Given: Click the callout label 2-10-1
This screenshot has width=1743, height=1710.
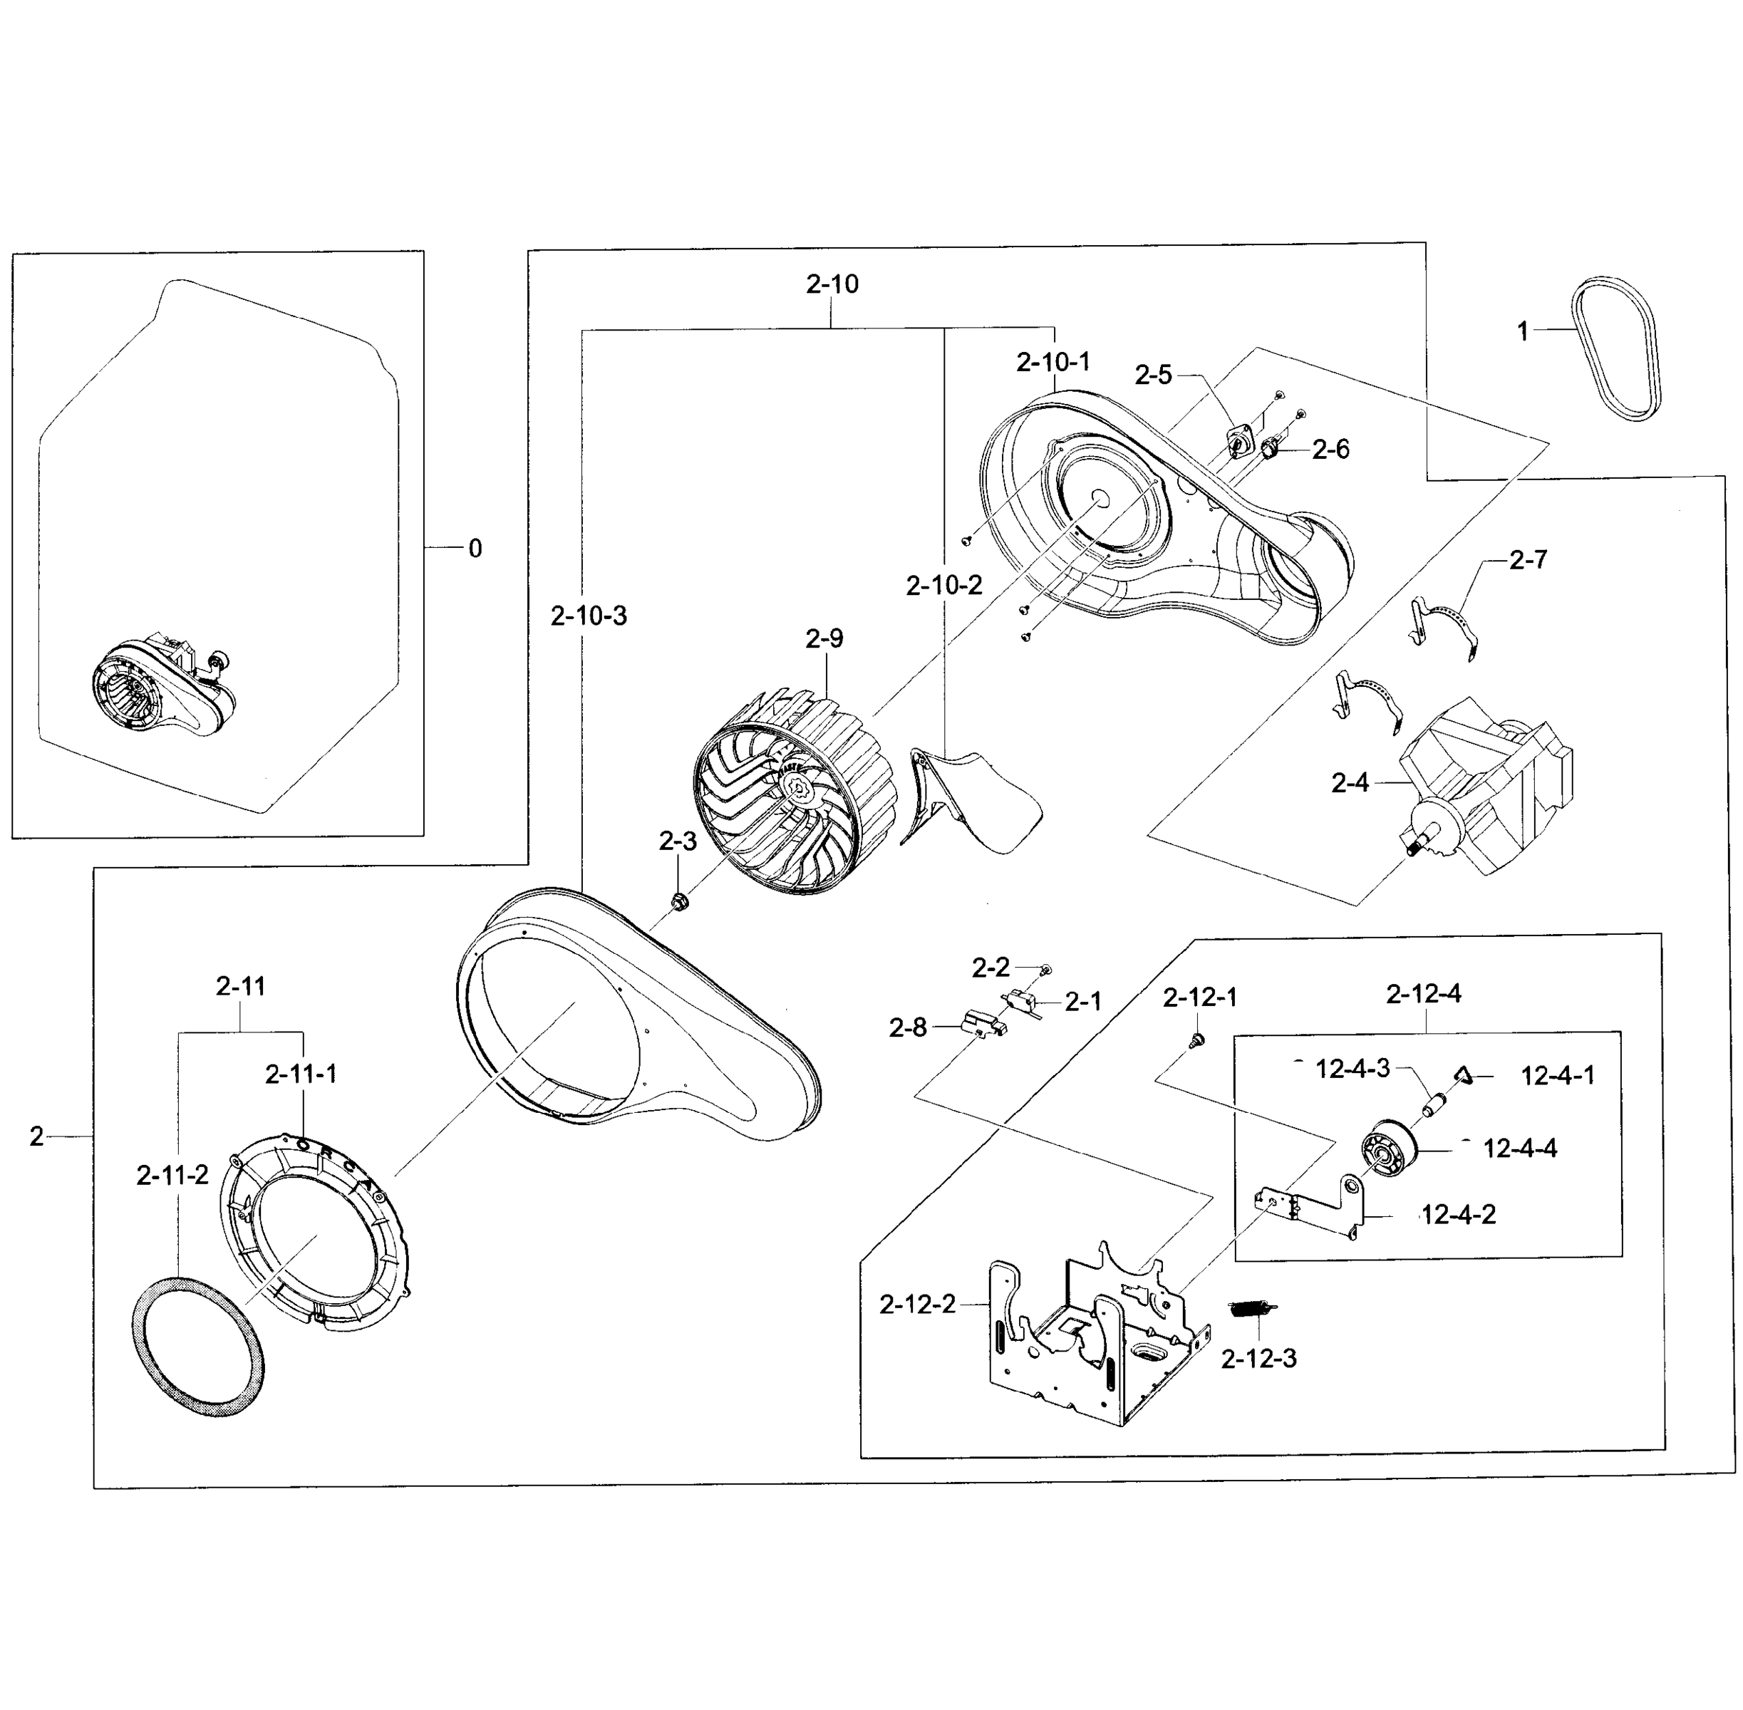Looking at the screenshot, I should coord(1052,362).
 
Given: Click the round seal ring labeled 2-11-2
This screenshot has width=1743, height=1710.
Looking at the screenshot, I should coord(198,1347).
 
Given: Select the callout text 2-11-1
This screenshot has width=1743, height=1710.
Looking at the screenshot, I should coord(301,1073).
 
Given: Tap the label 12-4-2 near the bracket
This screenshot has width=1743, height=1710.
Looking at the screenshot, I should coord(1459,1215).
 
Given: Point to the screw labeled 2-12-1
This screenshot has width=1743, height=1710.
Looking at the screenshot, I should coord(1196,1040).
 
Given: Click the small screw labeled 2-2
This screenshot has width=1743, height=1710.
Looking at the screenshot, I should coord(1045,970).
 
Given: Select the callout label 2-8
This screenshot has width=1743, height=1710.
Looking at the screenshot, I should coord(907,1027).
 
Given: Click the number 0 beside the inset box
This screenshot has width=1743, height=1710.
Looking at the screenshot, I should coord(475,548).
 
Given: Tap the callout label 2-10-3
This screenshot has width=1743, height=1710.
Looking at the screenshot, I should coord(589,616).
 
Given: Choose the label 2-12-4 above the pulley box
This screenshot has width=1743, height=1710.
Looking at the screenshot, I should coord(1423,993).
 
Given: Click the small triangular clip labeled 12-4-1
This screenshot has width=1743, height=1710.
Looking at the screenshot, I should coord(1463,1075).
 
